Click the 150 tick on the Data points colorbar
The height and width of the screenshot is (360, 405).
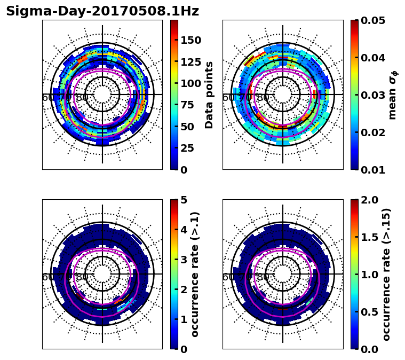pos(191,40)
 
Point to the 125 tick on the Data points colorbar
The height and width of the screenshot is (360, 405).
pos(191,62)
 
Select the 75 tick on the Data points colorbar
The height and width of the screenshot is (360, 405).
pos(191,105)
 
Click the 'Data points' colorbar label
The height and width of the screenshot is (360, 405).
pos(209,95)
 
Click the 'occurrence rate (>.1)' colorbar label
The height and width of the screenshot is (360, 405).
pos(195,274)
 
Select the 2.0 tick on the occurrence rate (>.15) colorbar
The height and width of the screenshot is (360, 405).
pos(368,200)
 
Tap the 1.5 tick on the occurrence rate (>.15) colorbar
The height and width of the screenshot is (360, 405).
pos(368,237)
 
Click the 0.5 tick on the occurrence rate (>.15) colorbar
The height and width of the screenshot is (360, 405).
pos(368,312)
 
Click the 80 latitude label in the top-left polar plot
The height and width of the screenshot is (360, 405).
pos(82,98)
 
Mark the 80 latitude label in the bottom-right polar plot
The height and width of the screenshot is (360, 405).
pos(263,277)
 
